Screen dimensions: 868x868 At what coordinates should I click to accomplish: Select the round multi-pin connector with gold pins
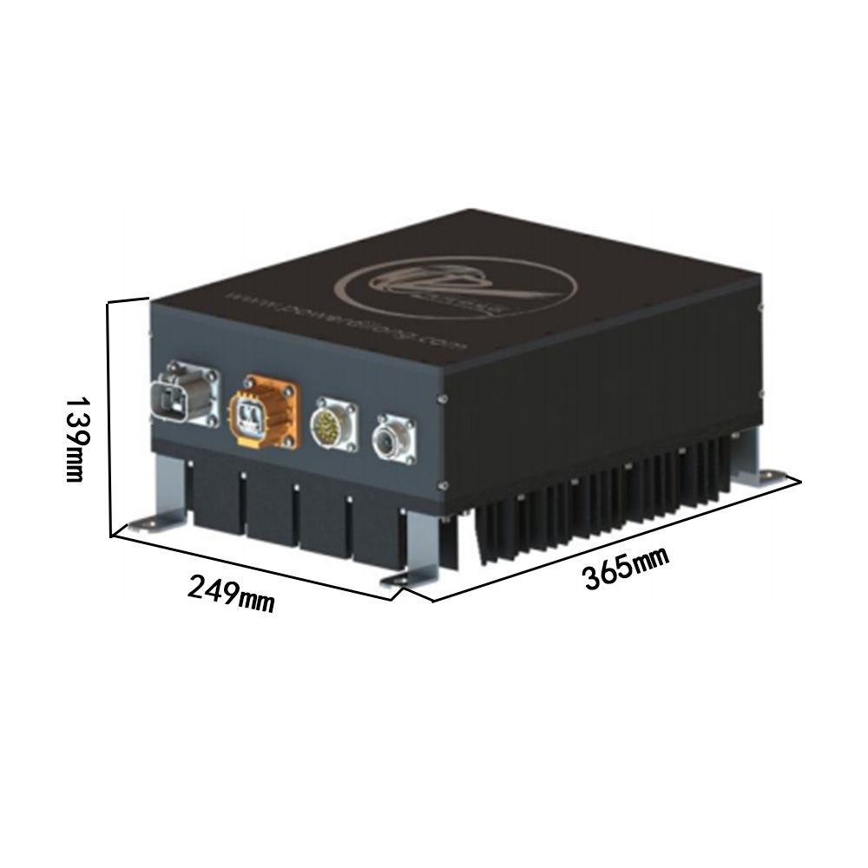pos(333,424)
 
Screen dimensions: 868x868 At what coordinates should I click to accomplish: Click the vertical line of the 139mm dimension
pos(109,417)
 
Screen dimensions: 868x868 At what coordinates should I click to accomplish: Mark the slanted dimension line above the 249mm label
pos(252,565)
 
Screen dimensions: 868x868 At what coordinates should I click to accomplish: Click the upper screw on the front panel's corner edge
pos(443,398)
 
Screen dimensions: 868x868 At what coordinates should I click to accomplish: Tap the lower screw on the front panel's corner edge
pos(443,484)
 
